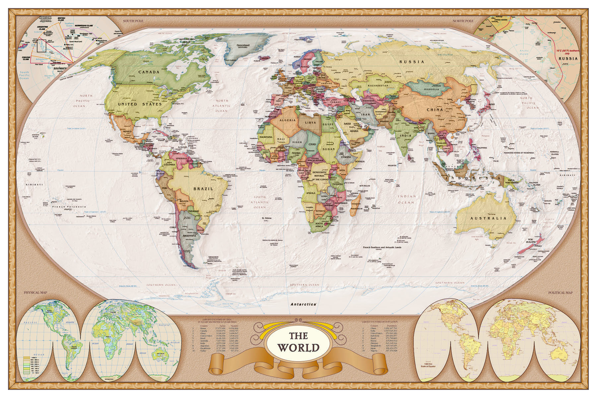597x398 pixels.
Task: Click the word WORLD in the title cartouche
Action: [298, 348]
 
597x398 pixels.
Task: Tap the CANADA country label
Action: [149, 72]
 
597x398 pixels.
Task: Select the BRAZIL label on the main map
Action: [203, 189]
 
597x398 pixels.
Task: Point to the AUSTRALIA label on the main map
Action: [489, 218]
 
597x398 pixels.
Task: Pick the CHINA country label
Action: [435, 109]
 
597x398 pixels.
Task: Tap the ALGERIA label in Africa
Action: [288, 120]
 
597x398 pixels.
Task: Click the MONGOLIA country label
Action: [431, 89]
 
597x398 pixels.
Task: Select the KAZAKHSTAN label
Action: [378, 86]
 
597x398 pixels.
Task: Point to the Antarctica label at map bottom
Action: [303, 304]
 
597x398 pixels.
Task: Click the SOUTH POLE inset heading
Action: [133, 21]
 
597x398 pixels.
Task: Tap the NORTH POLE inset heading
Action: [463, 21]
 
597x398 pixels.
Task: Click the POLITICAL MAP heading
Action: [560, 293]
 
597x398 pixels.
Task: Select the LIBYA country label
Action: [310, 122]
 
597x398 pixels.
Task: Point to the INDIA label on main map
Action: [405, 135]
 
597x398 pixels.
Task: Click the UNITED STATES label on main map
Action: [140, 104]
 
